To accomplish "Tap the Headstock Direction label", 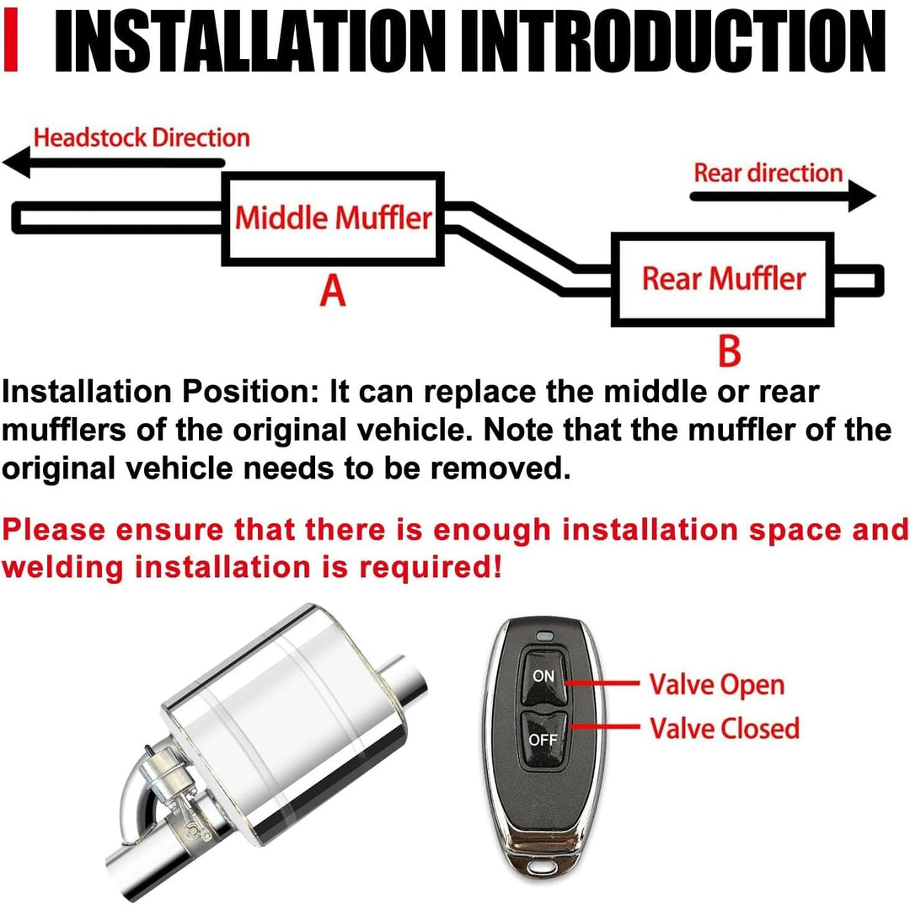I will [142, 137].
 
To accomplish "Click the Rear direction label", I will [768, 173].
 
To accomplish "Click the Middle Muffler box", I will [333, 218].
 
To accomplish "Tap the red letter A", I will [334, 292].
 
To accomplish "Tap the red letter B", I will [729, 351].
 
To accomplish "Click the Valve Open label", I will [716, 684].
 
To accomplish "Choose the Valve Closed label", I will [724, 728].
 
